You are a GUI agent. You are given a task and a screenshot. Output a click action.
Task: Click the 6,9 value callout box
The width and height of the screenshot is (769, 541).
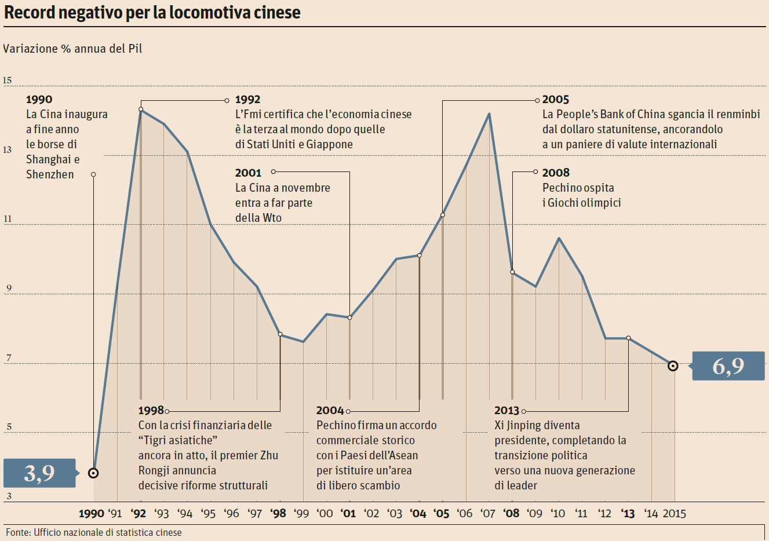click(728, 366)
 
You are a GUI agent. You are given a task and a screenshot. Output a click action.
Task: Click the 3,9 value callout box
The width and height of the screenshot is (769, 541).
click(39, 473)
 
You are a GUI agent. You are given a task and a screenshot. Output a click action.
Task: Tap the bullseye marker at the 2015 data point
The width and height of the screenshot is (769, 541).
click(673, 366)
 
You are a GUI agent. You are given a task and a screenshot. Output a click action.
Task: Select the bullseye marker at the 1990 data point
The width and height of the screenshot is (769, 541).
click(93, 473)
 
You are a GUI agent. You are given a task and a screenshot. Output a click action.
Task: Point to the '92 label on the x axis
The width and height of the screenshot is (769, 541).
click(139, 513)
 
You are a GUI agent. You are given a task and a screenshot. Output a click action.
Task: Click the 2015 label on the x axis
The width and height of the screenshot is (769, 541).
click(674, 513)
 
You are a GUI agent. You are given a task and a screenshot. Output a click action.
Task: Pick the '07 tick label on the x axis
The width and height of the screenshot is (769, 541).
click(488, 513)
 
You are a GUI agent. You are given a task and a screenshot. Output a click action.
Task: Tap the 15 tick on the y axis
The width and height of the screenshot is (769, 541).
click(7, 81)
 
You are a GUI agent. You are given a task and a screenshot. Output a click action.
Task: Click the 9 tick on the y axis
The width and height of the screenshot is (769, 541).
click(8, 288)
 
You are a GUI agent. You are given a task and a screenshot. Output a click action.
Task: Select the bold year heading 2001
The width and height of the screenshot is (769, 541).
click(248, 173)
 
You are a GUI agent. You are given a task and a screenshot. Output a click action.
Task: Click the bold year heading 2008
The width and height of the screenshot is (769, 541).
click(556, 173)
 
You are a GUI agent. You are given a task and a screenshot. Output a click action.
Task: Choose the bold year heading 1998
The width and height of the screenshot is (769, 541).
click(151, 410)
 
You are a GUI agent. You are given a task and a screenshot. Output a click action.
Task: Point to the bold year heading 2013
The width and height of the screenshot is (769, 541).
click(506, 410)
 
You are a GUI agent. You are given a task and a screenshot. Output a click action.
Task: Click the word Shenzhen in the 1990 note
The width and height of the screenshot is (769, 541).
click(50, 174)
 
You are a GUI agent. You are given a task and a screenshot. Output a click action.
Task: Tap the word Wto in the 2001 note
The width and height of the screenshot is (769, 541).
click(272, 218)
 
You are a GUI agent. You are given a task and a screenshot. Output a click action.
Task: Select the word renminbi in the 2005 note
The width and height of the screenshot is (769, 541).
click(738, 114)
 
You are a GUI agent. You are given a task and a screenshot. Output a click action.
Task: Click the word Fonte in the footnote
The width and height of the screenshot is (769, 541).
click(18, 532)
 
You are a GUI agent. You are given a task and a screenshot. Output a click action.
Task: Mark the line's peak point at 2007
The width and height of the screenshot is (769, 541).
click(489, 114)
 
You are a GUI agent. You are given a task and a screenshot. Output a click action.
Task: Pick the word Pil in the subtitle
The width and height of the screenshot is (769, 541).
click(135, 49)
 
